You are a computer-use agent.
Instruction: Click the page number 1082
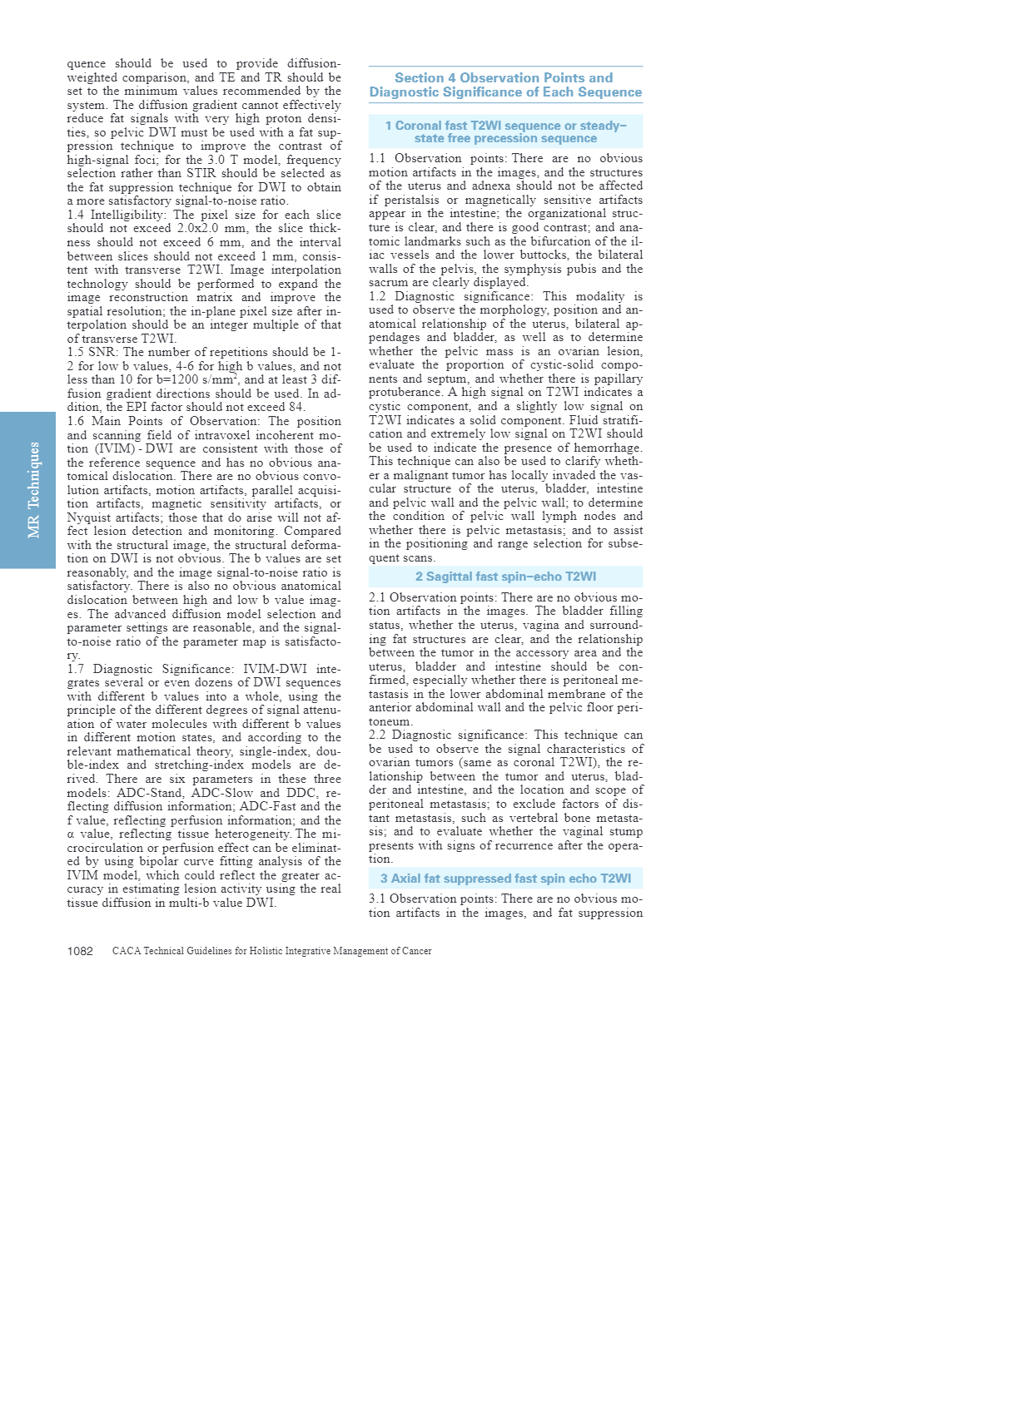(x=80, y=951)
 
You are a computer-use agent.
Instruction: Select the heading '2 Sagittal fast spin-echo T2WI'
(x=505, y=577)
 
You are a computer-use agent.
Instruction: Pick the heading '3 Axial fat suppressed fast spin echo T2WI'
(x=505, y=879)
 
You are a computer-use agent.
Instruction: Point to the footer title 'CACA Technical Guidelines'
(x=271, y=951)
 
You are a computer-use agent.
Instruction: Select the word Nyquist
(x=92, y=517)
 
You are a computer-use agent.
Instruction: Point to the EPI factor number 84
(x=296, y=408)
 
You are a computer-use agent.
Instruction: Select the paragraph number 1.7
(x=77, y=669)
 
